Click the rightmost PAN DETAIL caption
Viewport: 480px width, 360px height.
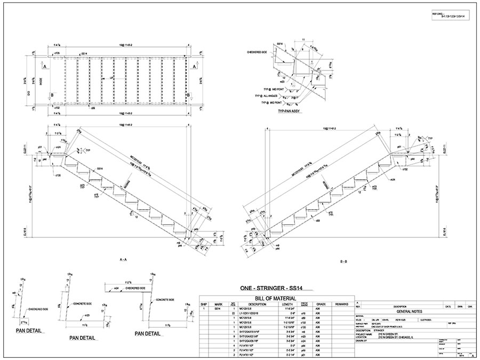tap(148, 334)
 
